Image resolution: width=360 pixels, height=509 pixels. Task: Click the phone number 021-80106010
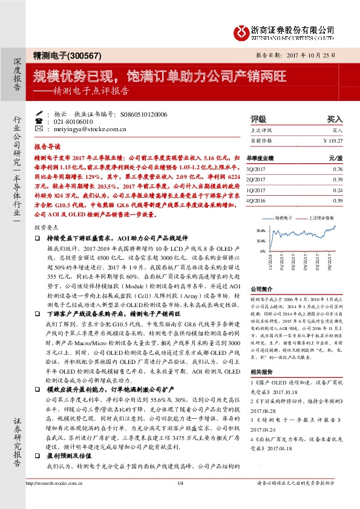click(x=72, y=121)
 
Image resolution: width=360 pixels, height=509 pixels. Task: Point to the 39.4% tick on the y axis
click(x=261, y=230)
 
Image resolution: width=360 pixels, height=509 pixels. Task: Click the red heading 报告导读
click(x=47, y=146)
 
